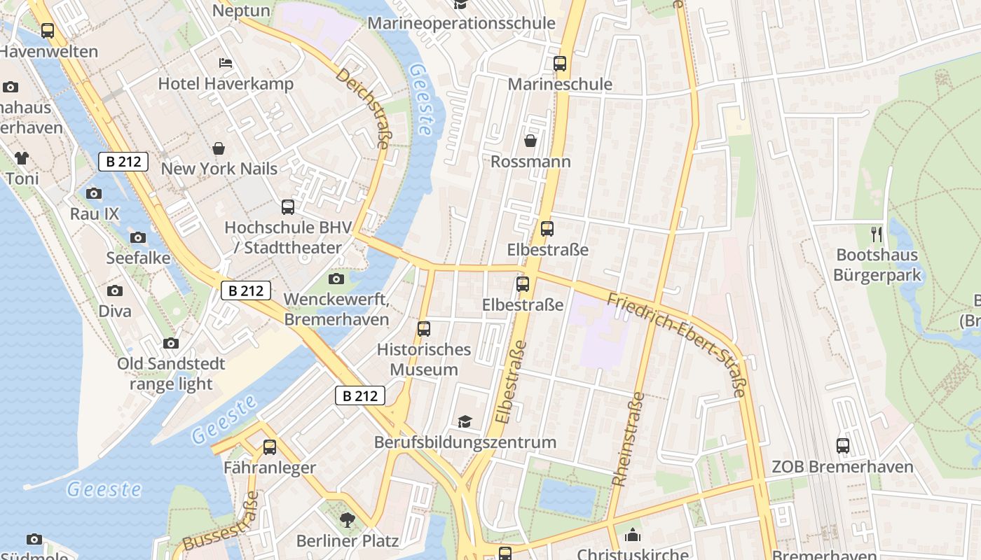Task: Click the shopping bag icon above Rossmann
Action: pyautogui.click(x=530, y=141)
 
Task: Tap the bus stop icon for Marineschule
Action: pyautogui.click(x=560, y=64)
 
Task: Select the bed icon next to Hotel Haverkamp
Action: pyautogui.click(x=225, y=63)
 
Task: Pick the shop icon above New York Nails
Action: pyautogui.click(x=219, y=148)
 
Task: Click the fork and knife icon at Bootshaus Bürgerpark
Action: pyautogui.click(x=877, y=233)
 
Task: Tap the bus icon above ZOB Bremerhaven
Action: pyautogui.click(x=843, y=446)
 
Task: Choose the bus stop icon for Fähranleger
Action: pyautogui.click(x=270, y=447)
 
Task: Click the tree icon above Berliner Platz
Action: pyautogui.click(x=347, y=519)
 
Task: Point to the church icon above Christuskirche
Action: pyautogui.click(x=633, y=535)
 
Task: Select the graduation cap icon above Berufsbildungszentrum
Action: pyautogui.click(x=465, y=421)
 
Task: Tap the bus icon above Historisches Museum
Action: pyautogui.click(x=424, y=329)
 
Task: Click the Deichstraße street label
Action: pyautogui.click(x=362, y=108)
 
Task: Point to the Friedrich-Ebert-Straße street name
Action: pyautogui.click(x=676, y=344)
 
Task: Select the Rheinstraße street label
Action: pyautogui.click(x=629, y=439)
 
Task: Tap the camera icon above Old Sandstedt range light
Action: pyautogui.click(x=171, y=343)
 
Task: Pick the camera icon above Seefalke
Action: pyautogui.click(x=138, y=237)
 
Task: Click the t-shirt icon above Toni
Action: pyautogui.click(x=22, y=158)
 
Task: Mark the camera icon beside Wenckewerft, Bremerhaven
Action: pyautogui.click(x=336, y=279)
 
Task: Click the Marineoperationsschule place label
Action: pyautogui.click(x=461, y=23)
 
